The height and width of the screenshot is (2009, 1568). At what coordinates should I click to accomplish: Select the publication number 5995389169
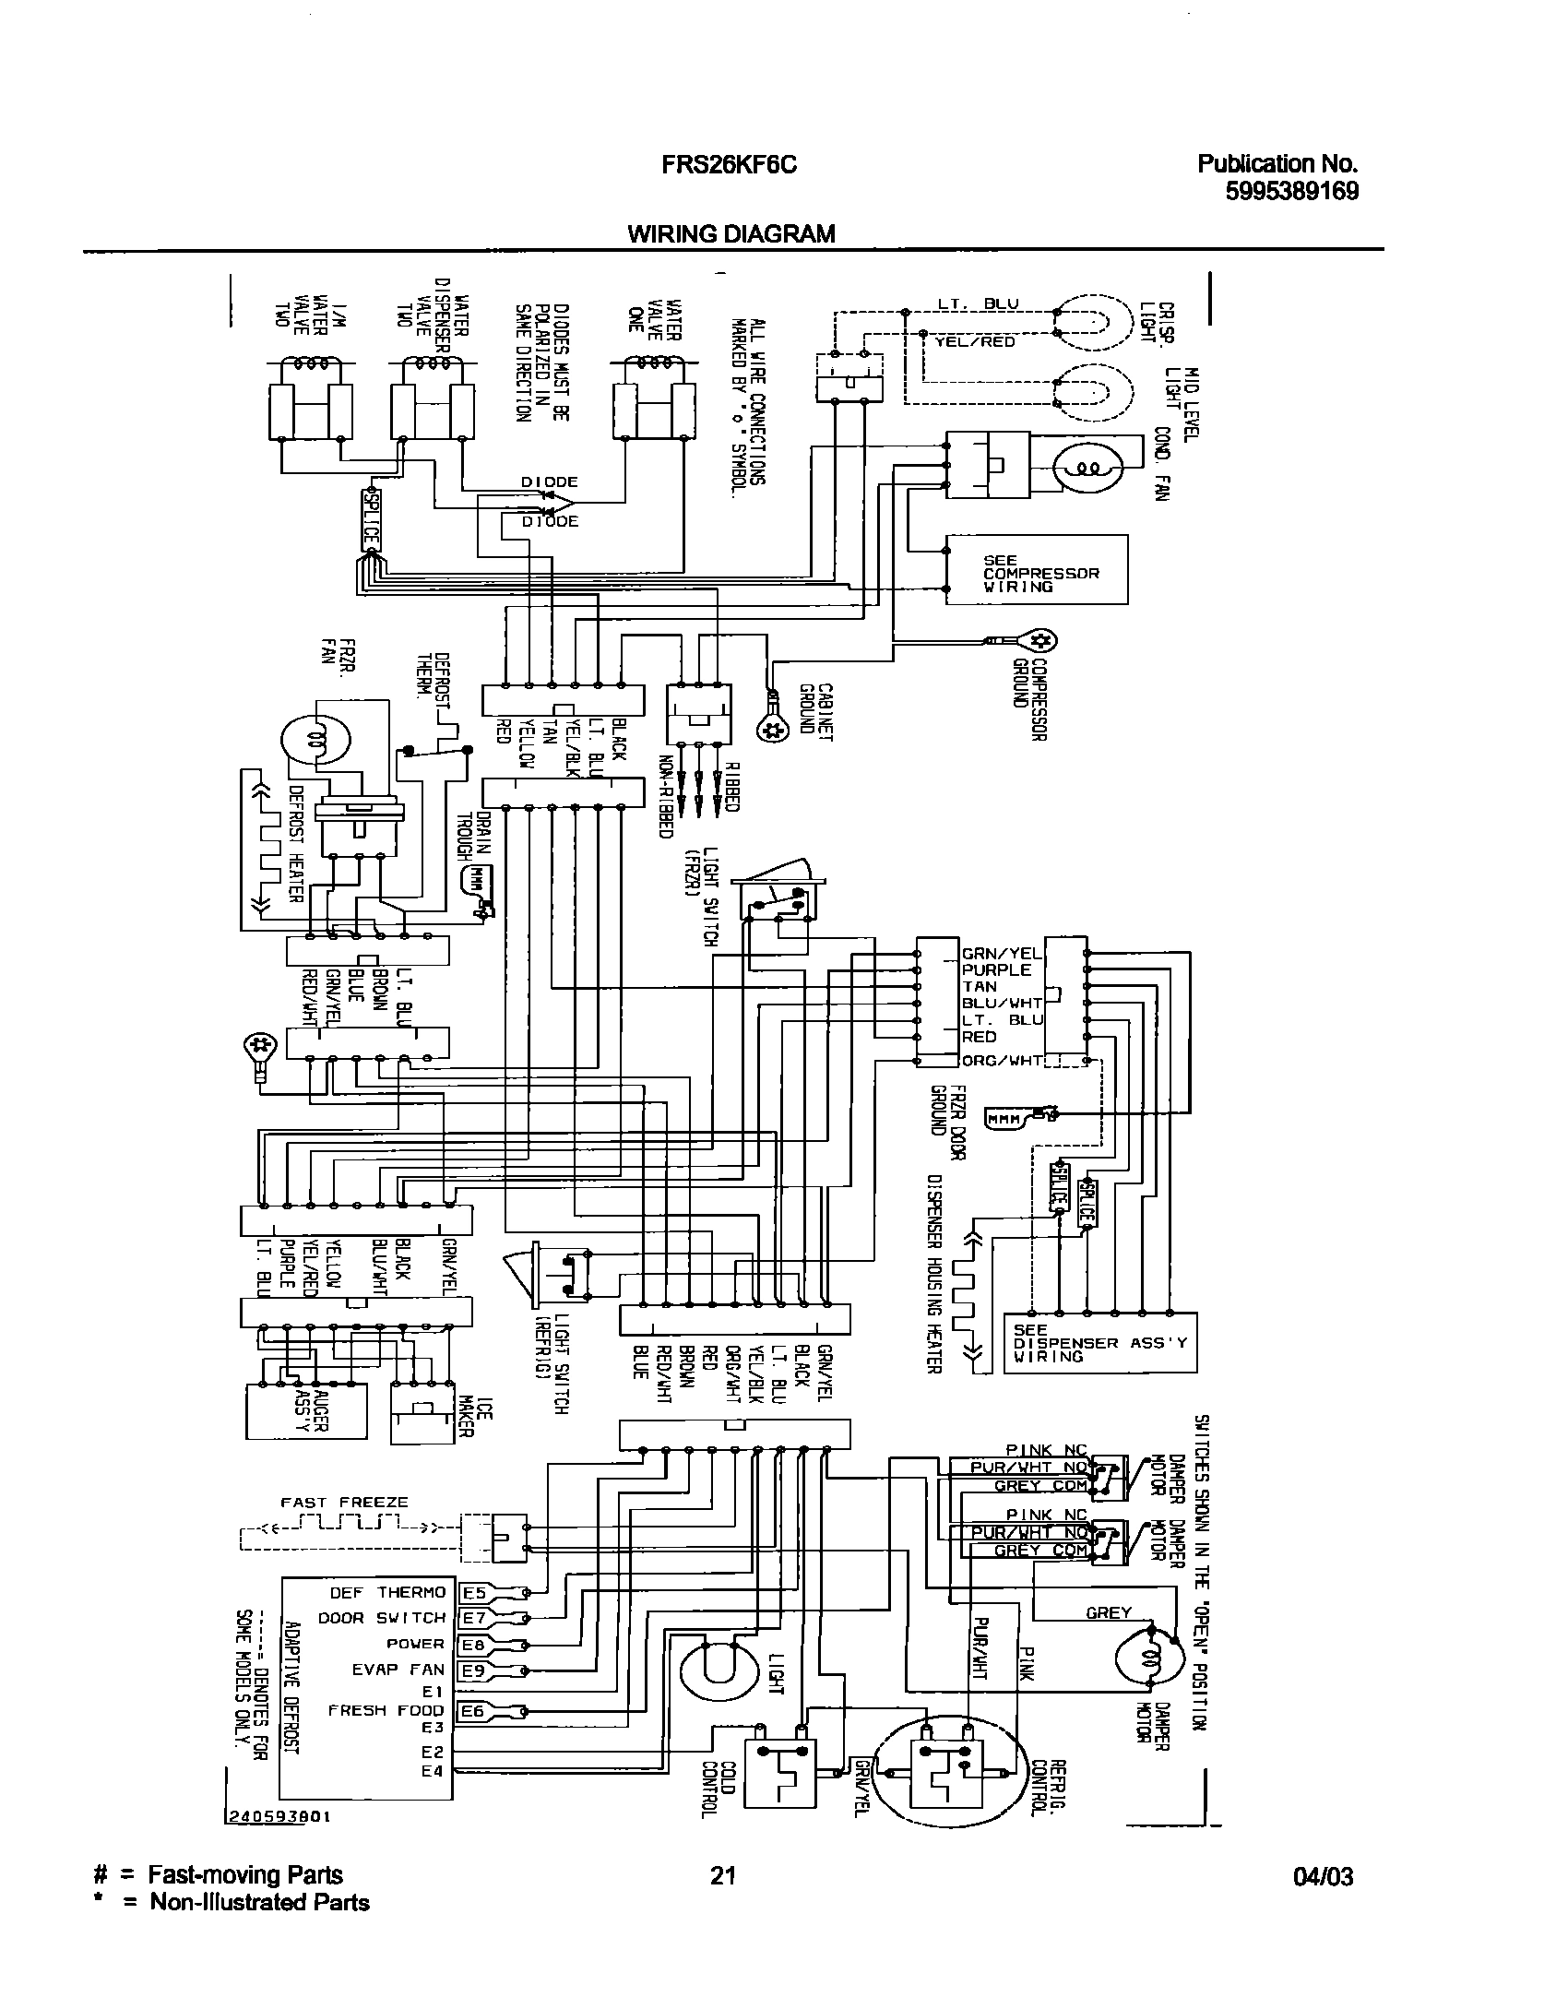1290,191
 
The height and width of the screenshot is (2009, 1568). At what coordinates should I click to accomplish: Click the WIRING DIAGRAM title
731,234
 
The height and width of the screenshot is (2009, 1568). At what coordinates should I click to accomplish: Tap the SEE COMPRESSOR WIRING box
1036,570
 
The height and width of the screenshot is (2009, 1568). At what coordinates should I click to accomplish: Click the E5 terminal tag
474,1592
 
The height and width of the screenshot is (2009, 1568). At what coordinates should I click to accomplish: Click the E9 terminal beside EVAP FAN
474,1670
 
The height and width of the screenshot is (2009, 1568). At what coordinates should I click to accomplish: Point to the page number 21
723,1875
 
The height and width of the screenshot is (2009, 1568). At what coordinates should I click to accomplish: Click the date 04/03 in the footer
1324,1876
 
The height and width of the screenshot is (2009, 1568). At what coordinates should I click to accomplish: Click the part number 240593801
278,1843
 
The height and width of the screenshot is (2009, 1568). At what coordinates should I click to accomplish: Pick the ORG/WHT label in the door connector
1002,1061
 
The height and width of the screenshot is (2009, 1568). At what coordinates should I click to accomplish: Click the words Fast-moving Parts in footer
245,1875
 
